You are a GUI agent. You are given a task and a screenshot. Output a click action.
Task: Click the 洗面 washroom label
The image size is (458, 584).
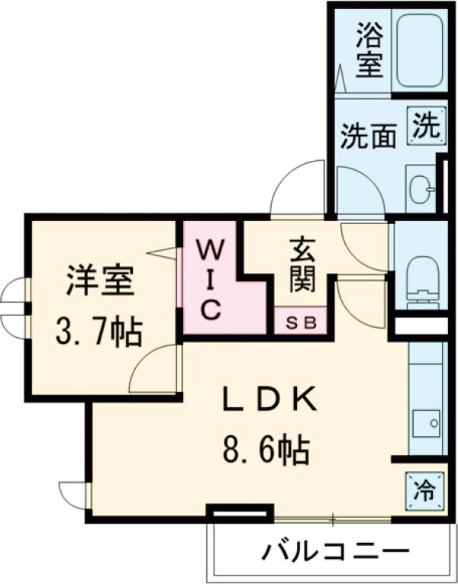(369, 136)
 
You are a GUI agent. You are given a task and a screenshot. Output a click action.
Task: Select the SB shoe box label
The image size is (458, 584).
(300, 322)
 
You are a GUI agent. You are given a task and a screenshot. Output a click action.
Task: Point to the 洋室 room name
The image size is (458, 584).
(100, 280)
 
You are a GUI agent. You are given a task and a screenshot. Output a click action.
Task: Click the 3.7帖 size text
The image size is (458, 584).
(98, 332)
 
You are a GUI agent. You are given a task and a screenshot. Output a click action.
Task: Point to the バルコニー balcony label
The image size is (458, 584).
(336, 550)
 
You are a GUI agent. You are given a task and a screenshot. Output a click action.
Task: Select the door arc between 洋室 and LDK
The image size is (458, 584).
(156, 371)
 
